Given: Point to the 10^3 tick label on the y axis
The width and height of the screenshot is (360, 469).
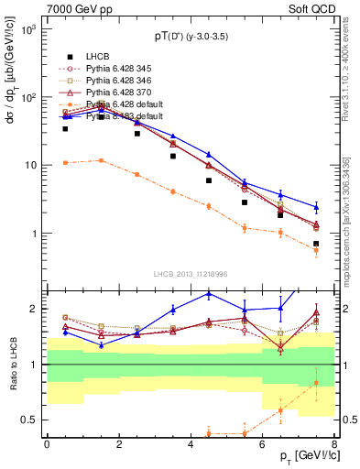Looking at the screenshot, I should point(27,29).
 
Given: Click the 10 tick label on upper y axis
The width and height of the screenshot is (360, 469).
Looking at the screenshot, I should point(29,166).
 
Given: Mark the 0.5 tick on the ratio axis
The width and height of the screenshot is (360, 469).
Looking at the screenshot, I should point(27,420).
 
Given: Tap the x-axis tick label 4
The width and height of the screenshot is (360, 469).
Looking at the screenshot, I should point(191,444).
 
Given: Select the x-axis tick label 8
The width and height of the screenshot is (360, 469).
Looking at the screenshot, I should point(334,444).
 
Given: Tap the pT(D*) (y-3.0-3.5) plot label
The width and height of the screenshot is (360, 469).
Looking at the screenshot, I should point(190,36).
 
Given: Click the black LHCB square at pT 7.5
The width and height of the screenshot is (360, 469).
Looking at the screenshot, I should point(316,244).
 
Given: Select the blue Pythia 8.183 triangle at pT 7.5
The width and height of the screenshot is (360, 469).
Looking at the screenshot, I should point(316,207).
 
